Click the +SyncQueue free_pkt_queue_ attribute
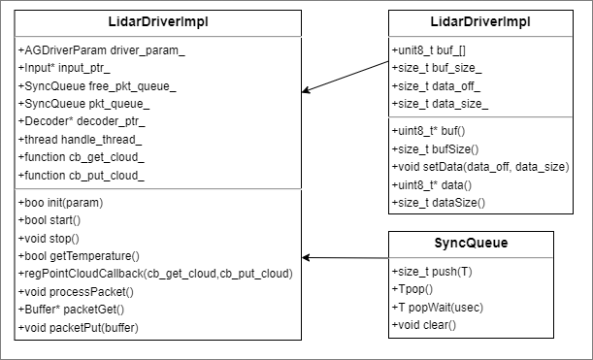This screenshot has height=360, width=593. point(97,84)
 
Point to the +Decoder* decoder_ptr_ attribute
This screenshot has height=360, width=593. point(82,121)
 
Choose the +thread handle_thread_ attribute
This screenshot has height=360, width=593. point(81,139)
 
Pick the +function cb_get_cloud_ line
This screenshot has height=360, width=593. point(81,157)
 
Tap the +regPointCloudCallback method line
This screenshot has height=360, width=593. point(154,274)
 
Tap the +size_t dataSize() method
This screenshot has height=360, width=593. point(438,202)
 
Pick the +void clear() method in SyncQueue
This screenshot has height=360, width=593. point(428,324)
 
